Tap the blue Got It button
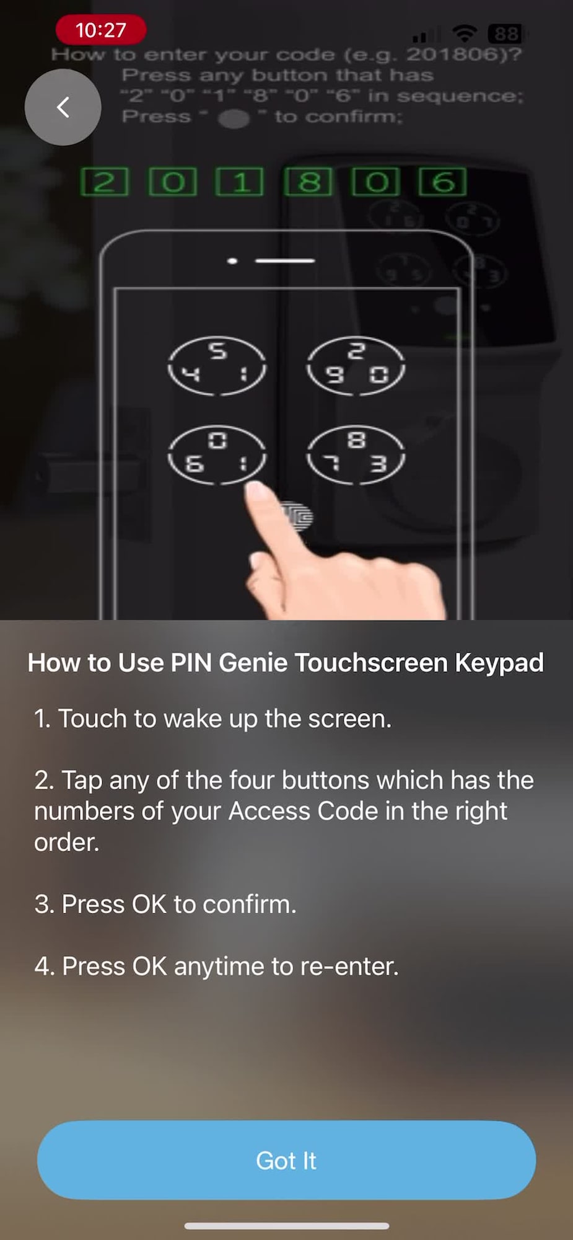point(286,1160)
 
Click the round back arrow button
point(63,107)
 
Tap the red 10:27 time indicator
point(101,30)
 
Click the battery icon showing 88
point(506,33)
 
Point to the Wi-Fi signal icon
point(464,33)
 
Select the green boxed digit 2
point(105,182)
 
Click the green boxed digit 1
point(240,182)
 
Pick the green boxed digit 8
point(308,182)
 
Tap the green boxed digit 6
point(443,182)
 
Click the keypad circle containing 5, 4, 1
point(217,365)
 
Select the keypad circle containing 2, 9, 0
point(356,365)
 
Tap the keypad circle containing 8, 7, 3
point(356,454)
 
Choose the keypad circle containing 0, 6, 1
point(217,454)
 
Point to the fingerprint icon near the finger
point(298,516)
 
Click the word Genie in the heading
point(253,663)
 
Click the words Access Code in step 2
point(304,811)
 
